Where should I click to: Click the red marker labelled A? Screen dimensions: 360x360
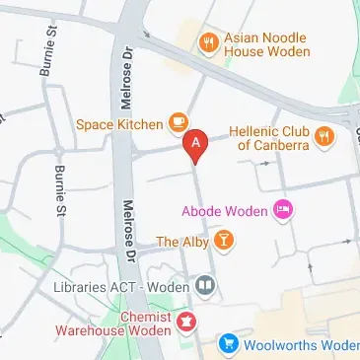point(195,145)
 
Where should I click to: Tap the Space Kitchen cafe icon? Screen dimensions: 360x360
point(178,122)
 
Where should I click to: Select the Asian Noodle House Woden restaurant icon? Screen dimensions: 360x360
point(208,41)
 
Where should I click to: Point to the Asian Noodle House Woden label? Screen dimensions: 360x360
point(266,42)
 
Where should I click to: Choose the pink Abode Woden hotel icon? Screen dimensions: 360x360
point(282,209)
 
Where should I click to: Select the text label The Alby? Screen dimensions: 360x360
point(181,241)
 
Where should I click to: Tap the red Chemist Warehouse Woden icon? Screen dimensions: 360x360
point(184,321)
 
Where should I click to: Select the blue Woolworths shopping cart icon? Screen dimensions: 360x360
point(228,344)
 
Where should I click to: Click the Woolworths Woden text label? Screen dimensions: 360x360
point(301,345)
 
